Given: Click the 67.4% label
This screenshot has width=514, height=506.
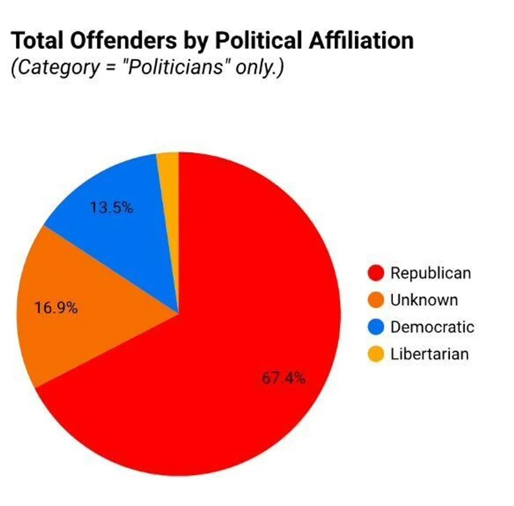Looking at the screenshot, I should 284,378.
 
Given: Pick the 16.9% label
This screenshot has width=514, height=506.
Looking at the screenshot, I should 56,308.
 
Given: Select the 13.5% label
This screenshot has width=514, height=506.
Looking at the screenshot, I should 111,208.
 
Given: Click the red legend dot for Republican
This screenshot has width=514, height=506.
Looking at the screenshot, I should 376,273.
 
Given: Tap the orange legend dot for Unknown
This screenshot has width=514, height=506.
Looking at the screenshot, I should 376,300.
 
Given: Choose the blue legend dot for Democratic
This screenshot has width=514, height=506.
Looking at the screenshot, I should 376,327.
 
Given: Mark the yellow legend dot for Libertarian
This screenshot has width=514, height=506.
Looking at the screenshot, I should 376,354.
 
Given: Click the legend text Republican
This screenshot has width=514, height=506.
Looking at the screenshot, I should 430,273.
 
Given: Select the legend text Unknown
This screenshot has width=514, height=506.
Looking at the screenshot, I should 424,300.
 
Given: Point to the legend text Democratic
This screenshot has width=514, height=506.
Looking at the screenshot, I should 432,327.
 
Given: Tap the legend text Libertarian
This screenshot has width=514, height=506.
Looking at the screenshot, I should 429,354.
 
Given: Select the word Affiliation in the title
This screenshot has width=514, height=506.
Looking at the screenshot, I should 361,41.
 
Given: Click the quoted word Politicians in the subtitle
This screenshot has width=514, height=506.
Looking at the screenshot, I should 175,67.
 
